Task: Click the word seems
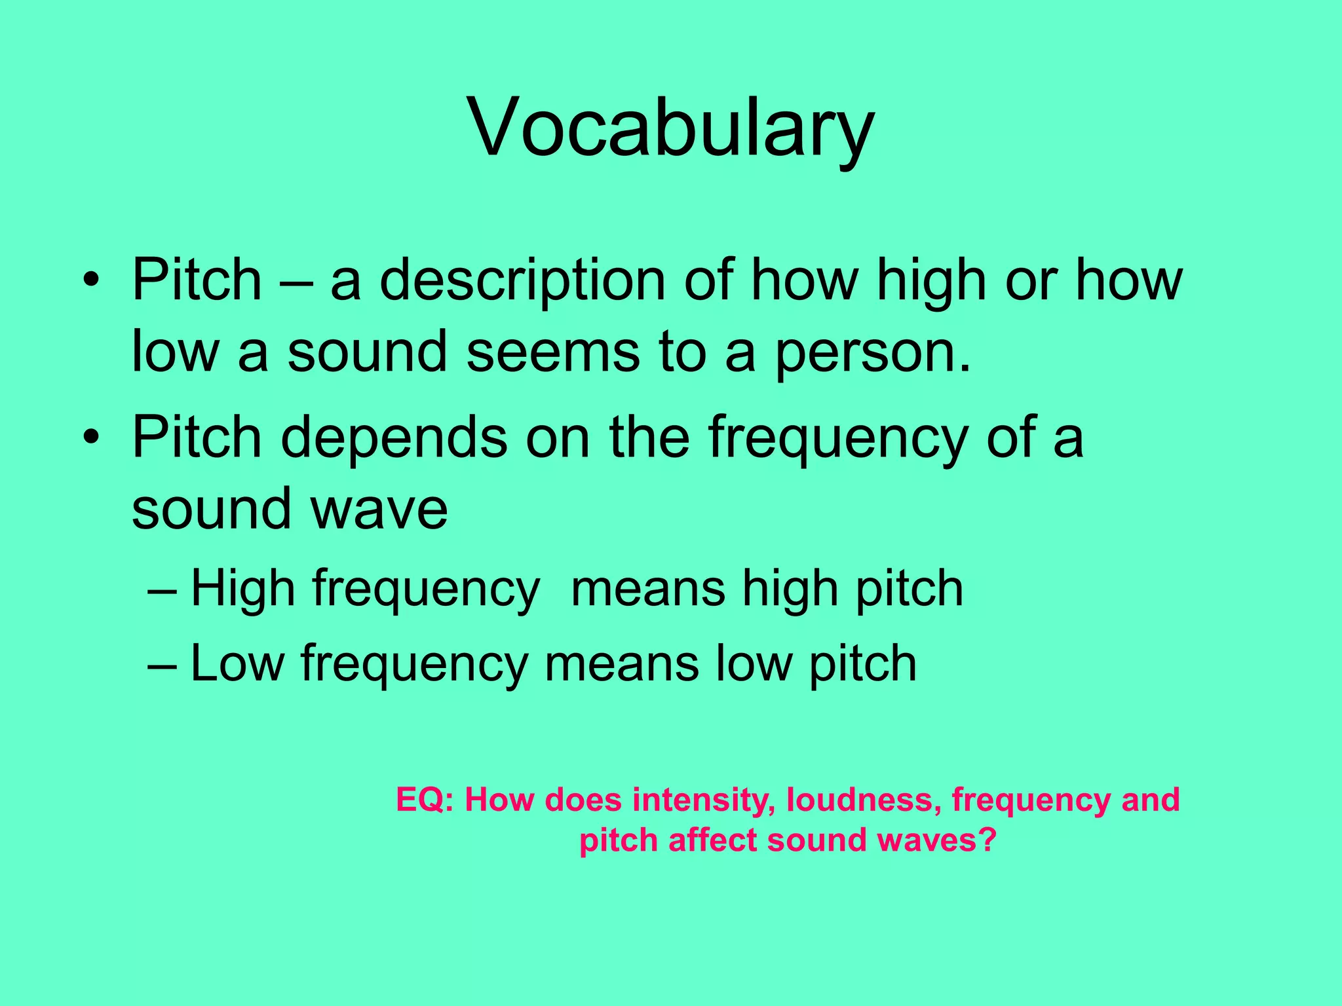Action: pyautogui.click(x=552, y=352)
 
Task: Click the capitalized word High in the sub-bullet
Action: pyautogui.click(x=243, y=588)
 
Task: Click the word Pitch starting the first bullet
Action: pyautogui.click(x=197, y=280)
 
